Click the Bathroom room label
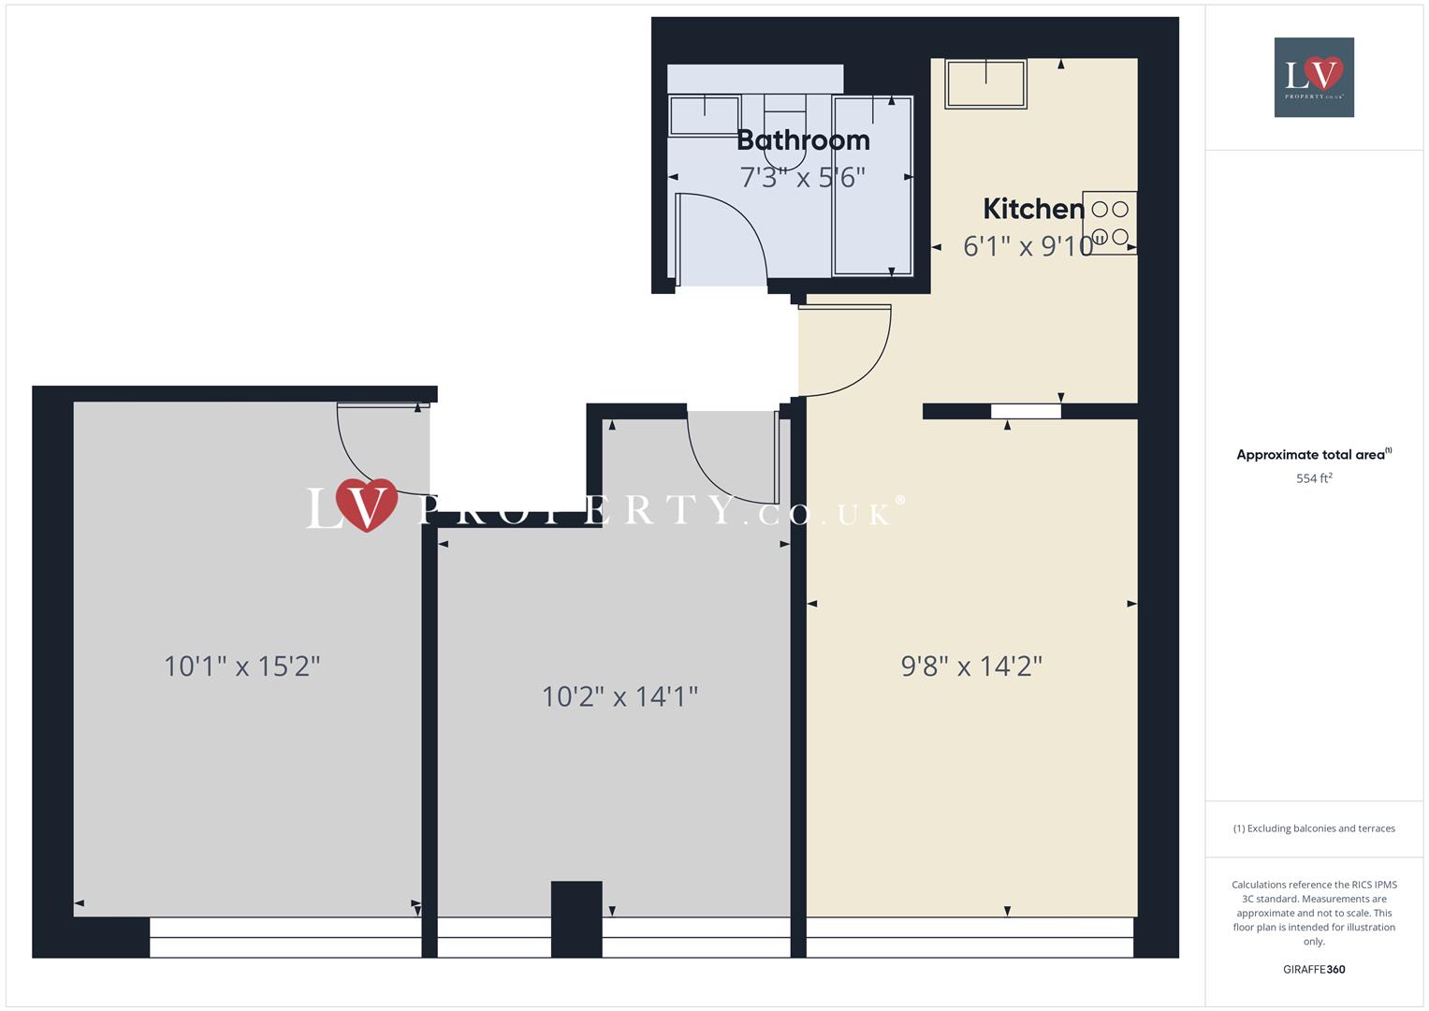click(x=803, y=140)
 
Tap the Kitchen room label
click(x=1033, y=209)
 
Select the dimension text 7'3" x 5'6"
click(x=803, y=177)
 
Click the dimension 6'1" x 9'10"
click(x=1028, y=246)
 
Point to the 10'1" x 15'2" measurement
click(x=242, y=667)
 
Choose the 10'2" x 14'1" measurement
click(x=620, y=696)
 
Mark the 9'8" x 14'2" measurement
click(x=971, y=666)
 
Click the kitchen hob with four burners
click(x=1110, y=223)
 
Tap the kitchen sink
click(x=985, y=84)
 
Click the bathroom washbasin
click(x=705, y=115)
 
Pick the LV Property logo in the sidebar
click(x=1314, y=77)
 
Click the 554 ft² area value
click(x=1314, y=478)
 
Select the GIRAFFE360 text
click(x=1314, y=969)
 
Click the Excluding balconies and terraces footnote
click(x=1314, y=828)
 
